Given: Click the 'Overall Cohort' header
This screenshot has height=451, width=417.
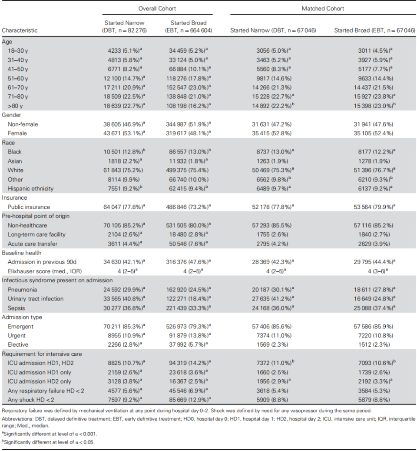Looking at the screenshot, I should pos(157,9).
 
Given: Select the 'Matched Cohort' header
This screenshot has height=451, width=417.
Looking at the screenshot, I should pos(323,9).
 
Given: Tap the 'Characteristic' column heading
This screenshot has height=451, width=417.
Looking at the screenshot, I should pos(20,30).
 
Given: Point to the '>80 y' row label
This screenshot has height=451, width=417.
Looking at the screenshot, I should pos(15,106).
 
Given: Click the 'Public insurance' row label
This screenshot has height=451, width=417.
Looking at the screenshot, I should pos(29,207).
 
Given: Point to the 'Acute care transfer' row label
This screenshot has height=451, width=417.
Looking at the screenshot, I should pos(32,244).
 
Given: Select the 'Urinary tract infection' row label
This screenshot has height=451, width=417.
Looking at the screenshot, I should pos(36,299).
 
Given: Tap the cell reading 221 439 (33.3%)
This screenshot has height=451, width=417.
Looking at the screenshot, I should pos(189,308).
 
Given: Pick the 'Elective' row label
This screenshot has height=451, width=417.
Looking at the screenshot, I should pos(17,344).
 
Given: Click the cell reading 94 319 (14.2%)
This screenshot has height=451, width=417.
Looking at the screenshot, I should pos(189,363).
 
